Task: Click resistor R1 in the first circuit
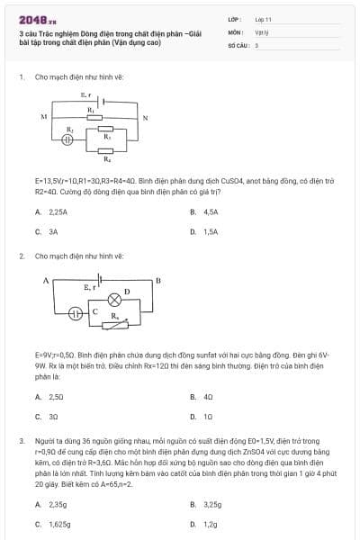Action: pyautogui.click(x=92, y=116)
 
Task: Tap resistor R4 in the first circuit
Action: pyautogui.click(x=107, y=149)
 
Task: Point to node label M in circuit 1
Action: pyautogui.click(x=43, y=117)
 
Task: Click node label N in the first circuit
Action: pyautogui.click(x=144, y=117)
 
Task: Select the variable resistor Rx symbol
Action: pyautogui.click(x=114, y=324)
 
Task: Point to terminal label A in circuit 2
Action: pyautogui.click(x=45, y=281)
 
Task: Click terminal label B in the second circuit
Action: pyautogui.click(x=157, y=281)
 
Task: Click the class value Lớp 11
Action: pyautogui.click(x=263, y=19)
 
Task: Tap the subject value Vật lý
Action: pyautogui.click(x=262, y=31)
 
